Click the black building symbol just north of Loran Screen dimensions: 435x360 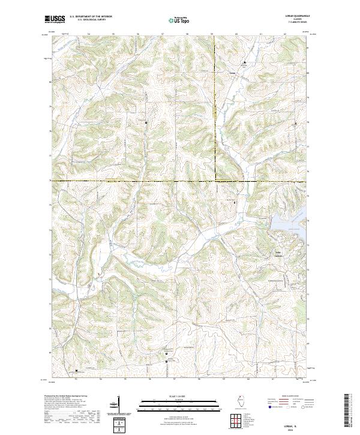click(x=244, y=62)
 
